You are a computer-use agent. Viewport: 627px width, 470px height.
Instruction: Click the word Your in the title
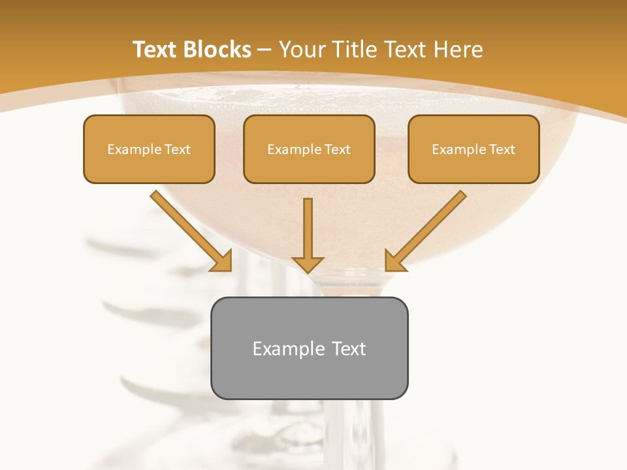303,50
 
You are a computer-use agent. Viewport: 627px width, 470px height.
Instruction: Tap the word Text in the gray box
349,349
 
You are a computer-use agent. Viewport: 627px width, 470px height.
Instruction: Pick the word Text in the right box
502,149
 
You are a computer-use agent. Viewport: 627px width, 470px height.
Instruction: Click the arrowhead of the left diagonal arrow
222,260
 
